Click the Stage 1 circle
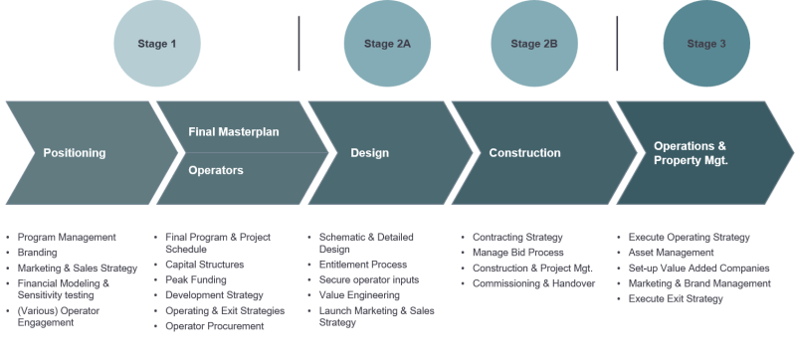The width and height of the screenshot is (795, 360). click(159, 44)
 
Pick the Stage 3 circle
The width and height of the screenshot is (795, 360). click(706, 44)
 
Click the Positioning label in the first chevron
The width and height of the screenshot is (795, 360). click(74, 153)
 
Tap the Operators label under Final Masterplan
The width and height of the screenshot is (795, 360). click(216, 170)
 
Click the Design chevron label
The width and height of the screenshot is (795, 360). click(369, 153)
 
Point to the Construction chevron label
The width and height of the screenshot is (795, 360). click(524, 153)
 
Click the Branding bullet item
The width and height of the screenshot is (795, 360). click(39, 253)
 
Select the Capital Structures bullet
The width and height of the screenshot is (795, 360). click(202, 266)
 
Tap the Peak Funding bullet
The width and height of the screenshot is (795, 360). click(194, 280)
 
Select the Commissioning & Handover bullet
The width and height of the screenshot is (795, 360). click(533, 283)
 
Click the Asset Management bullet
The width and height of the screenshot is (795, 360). click(675, 253)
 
